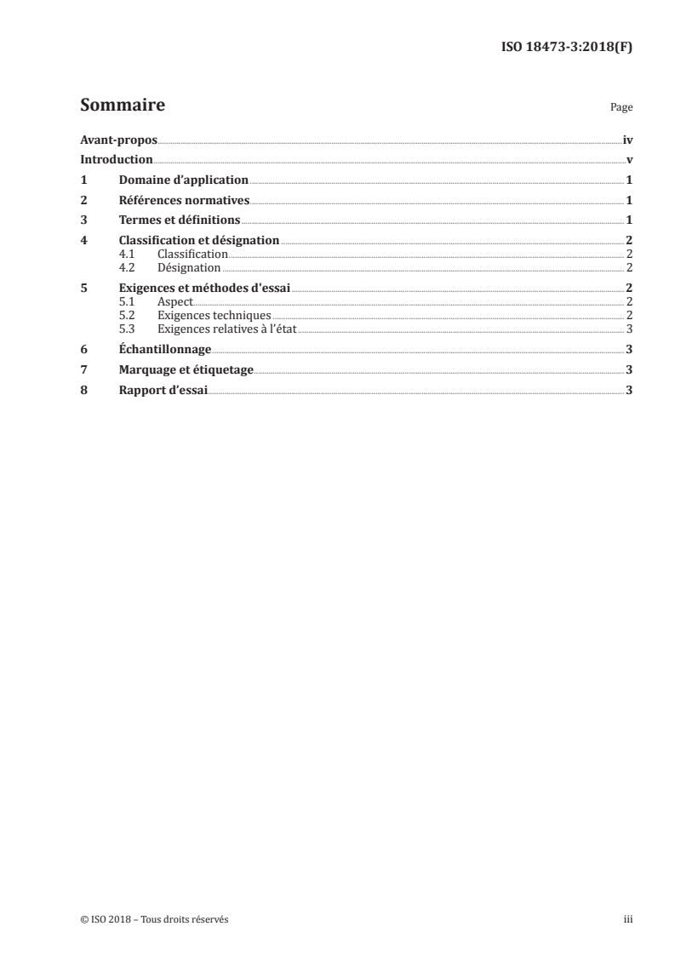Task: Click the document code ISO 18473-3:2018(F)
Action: click(x=565, y=48)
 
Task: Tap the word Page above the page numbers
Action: click(x=621, y=108)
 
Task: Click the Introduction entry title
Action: click(x=117, y=160)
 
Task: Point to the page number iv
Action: click(x=627, y=140)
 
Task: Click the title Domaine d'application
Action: click(x=184, y=180)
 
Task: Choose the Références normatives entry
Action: click(x=184, y=201)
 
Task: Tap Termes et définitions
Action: click(x=180, y=220)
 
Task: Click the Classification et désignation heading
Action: click(x=199, y=241)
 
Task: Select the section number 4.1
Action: click(x=127, y=254)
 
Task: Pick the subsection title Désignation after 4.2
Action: click(x=185, y=267)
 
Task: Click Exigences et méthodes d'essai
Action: click(x=205, y=289)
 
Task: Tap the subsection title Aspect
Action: click(x=175, y=302)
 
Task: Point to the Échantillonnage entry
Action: click(x=165, y=349)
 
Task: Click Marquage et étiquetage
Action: click(x=186, y=369)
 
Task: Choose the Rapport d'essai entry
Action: click(x=163, y=390)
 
